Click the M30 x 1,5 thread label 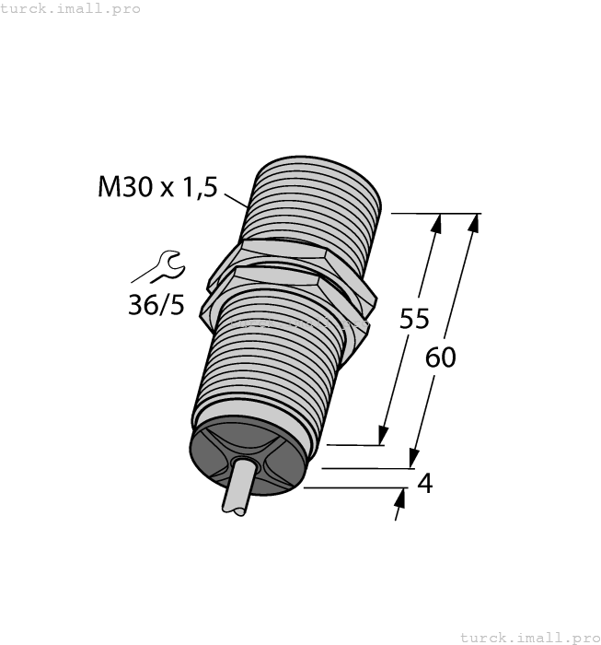click(x=157, y=187)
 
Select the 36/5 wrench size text click(x=156, y=305)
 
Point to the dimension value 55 click(x=414, y=319)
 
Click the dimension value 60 click(x=441, y=357)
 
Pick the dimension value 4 click(x=424, y=483)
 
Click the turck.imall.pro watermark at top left click(x=71, y=8)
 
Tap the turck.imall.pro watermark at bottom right click(x=529, y=637)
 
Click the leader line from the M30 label click(x=235, y=195)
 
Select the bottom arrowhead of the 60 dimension click(x=414, y=458)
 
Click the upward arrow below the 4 click(x=400, y=500)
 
